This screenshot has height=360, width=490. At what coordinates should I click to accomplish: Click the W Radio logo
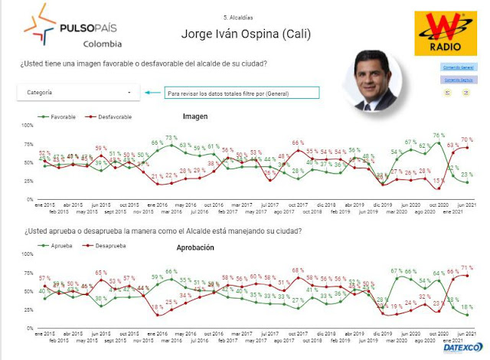pyautogui.click(x=439, y=34)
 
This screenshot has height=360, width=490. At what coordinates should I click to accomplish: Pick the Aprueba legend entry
pyautogui.click(x=57, y=246)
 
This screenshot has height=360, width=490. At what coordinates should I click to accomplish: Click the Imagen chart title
pyautogui.click(x=195, y=116)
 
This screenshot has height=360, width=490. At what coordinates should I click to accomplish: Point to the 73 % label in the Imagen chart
pyautogui.click(x=171, y=138)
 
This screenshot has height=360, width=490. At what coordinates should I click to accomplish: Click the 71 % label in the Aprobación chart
pyautogui.click(x=466, y=268)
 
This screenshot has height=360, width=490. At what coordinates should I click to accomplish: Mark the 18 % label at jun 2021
pyautogui.click(x=467, y=306)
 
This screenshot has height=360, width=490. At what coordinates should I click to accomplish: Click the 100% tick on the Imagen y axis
pyautogui.click(x=27, y=125)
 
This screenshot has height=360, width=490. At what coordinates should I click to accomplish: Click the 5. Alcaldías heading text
pyautogui.click(x=238, y=17)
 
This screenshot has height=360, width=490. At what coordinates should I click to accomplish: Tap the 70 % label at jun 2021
pyautogui.click(x=466, y=140)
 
